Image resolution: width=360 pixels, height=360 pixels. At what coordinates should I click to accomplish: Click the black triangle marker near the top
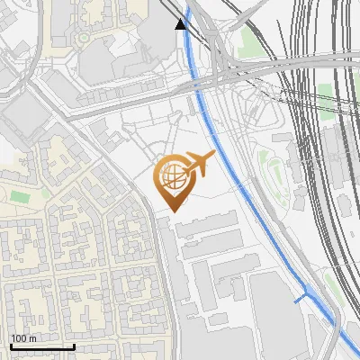click(182, 22)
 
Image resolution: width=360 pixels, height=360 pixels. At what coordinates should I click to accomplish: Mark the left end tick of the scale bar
click(10, 346)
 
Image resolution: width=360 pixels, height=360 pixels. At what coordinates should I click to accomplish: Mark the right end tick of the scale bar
click(74, 346)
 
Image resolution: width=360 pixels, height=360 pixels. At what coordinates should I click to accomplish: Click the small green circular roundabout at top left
click(83, 38)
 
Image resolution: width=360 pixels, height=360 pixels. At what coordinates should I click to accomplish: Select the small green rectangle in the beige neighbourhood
click(45, 193)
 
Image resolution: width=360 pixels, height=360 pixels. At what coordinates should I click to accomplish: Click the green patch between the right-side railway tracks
click(325, 91)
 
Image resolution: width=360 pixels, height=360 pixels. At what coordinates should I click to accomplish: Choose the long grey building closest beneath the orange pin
click(207, 225)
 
